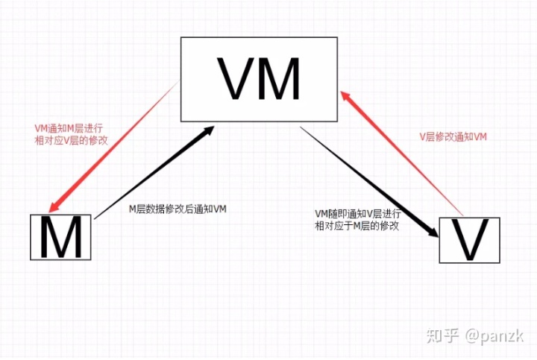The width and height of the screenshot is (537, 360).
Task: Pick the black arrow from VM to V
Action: pos(365,179)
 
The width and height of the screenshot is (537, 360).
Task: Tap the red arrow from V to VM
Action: pos(403,153)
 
